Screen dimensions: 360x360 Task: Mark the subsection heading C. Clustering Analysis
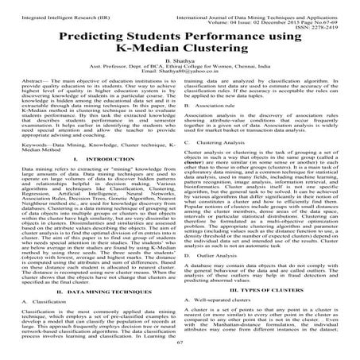tap(223, 164)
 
